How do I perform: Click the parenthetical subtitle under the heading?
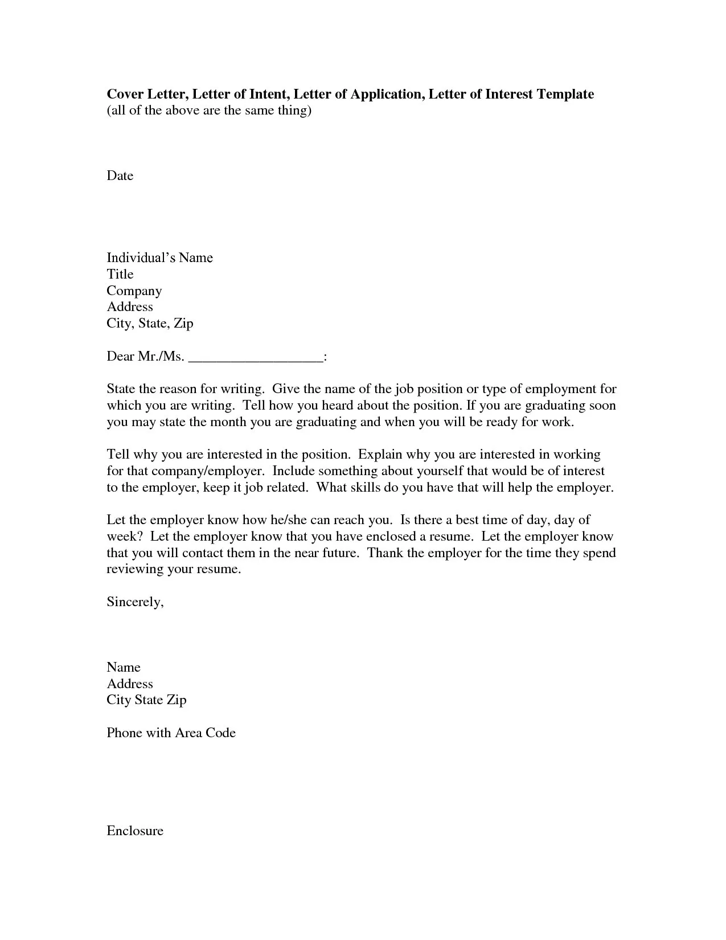click(x=209, y=111)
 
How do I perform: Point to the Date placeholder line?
click(x=120, y=176)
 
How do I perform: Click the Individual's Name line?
click(x=159, y=258)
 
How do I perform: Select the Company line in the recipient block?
click(x=134, y=291)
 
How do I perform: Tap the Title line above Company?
click(x=120, y=275)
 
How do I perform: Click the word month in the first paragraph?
click(x=228, y=422)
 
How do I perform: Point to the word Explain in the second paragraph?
click(x=380, y=455)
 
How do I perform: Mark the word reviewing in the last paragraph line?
click(x=135, y=570)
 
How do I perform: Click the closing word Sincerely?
click(x=135, y=602)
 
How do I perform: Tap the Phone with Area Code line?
click(x=171, y=733)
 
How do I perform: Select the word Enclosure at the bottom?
click(x=135, y=831)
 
